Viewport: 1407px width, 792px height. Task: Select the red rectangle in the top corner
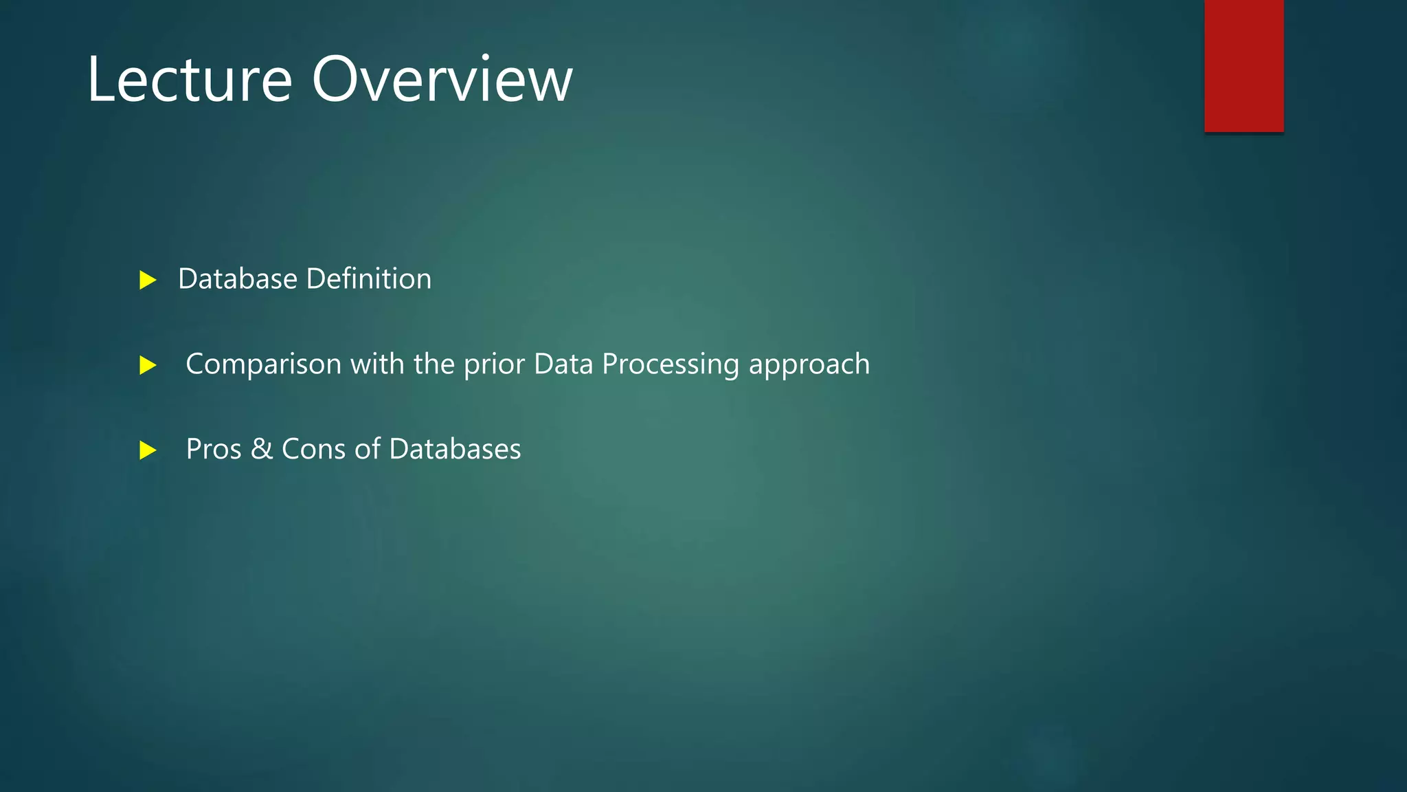pyautogui.click(x=1243, y=65)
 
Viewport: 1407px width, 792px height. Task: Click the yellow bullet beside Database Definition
pyautogui.click(x=148, y=280)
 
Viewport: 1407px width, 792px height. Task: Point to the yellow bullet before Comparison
pyautogui.click(x=148, y=365)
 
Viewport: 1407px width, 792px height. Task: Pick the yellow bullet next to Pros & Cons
pyautogui.click(x=148, y=450)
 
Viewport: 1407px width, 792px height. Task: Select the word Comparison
pyautogui.click(x=263, y=364)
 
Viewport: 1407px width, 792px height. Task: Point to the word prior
pyautogui.click(x=494, y=364)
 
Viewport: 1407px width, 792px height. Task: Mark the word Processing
pyautogui.click(x=671, y=364)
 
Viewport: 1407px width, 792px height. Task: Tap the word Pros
pyautogui.click(x=214, y=450)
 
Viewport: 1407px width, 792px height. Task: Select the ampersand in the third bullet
pyautogui.click(x=262, y=449)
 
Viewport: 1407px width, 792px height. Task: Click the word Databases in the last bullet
pyautogui.click(x=455, y=449)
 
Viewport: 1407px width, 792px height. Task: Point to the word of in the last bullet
pyautogui.click(x=367, y=449)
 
